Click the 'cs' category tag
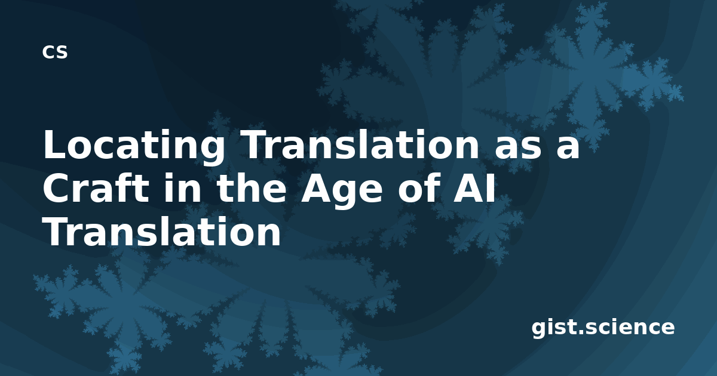tap(55, 52)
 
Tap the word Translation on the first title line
tap(360, 144)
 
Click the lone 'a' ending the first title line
tap(567, 148)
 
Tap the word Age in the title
tap(342, 192)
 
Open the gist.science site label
tap(603, 328)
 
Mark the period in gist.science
tap(581, 332)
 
